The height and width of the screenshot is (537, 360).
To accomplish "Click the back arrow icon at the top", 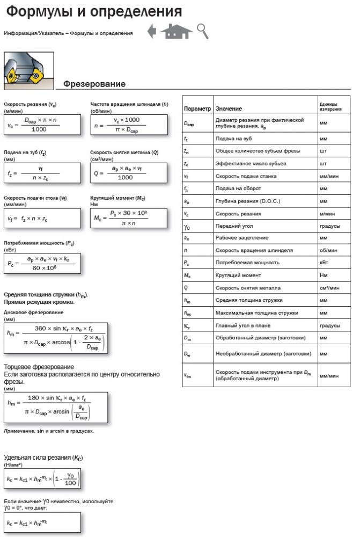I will [152, 32].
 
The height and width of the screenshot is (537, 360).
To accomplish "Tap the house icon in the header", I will [176, 32].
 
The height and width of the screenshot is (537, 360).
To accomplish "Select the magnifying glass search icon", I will [202, 32].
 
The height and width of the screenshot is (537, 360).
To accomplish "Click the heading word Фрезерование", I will [94, 84].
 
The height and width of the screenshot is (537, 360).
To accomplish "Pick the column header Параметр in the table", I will [197, 109].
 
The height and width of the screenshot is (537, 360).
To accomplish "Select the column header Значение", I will [228, 109].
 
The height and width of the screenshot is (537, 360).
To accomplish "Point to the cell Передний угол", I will [234, 226].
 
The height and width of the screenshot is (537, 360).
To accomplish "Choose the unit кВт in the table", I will [324, 263].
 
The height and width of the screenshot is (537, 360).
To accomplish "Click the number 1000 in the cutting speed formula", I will [39, 129].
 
